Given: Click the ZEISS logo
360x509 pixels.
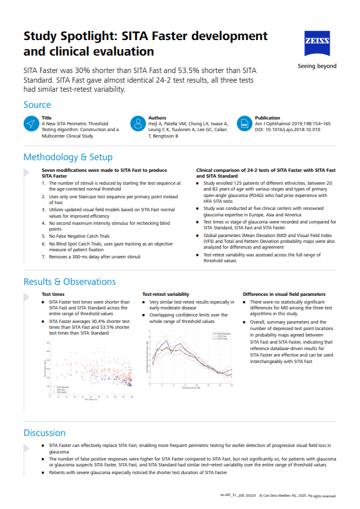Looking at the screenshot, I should [316, 43].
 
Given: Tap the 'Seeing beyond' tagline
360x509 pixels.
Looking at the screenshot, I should [316, 66].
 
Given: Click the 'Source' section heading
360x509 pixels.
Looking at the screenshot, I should [37, 105].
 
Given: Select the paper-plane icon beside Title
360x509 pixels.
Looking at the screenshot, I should [30, 124].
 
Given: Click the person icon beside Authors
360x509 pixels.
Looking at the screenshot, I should [137, 124].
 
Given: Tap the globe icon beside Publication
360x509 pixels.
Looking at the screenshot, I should [244, 124].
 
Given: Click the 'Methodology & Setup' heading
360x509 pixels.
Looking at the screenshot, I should [68, 157].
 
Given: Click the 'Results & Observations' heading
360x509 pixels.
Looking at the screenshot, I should [70, 281].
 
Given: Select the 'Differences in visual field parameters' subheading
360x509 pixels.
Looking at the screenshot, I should [284, 294].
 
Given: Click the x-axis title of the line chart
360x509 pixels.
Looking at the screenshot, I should [191, 388].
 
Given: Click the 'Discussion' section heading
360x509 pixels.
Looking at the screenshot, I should [45, 433].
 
